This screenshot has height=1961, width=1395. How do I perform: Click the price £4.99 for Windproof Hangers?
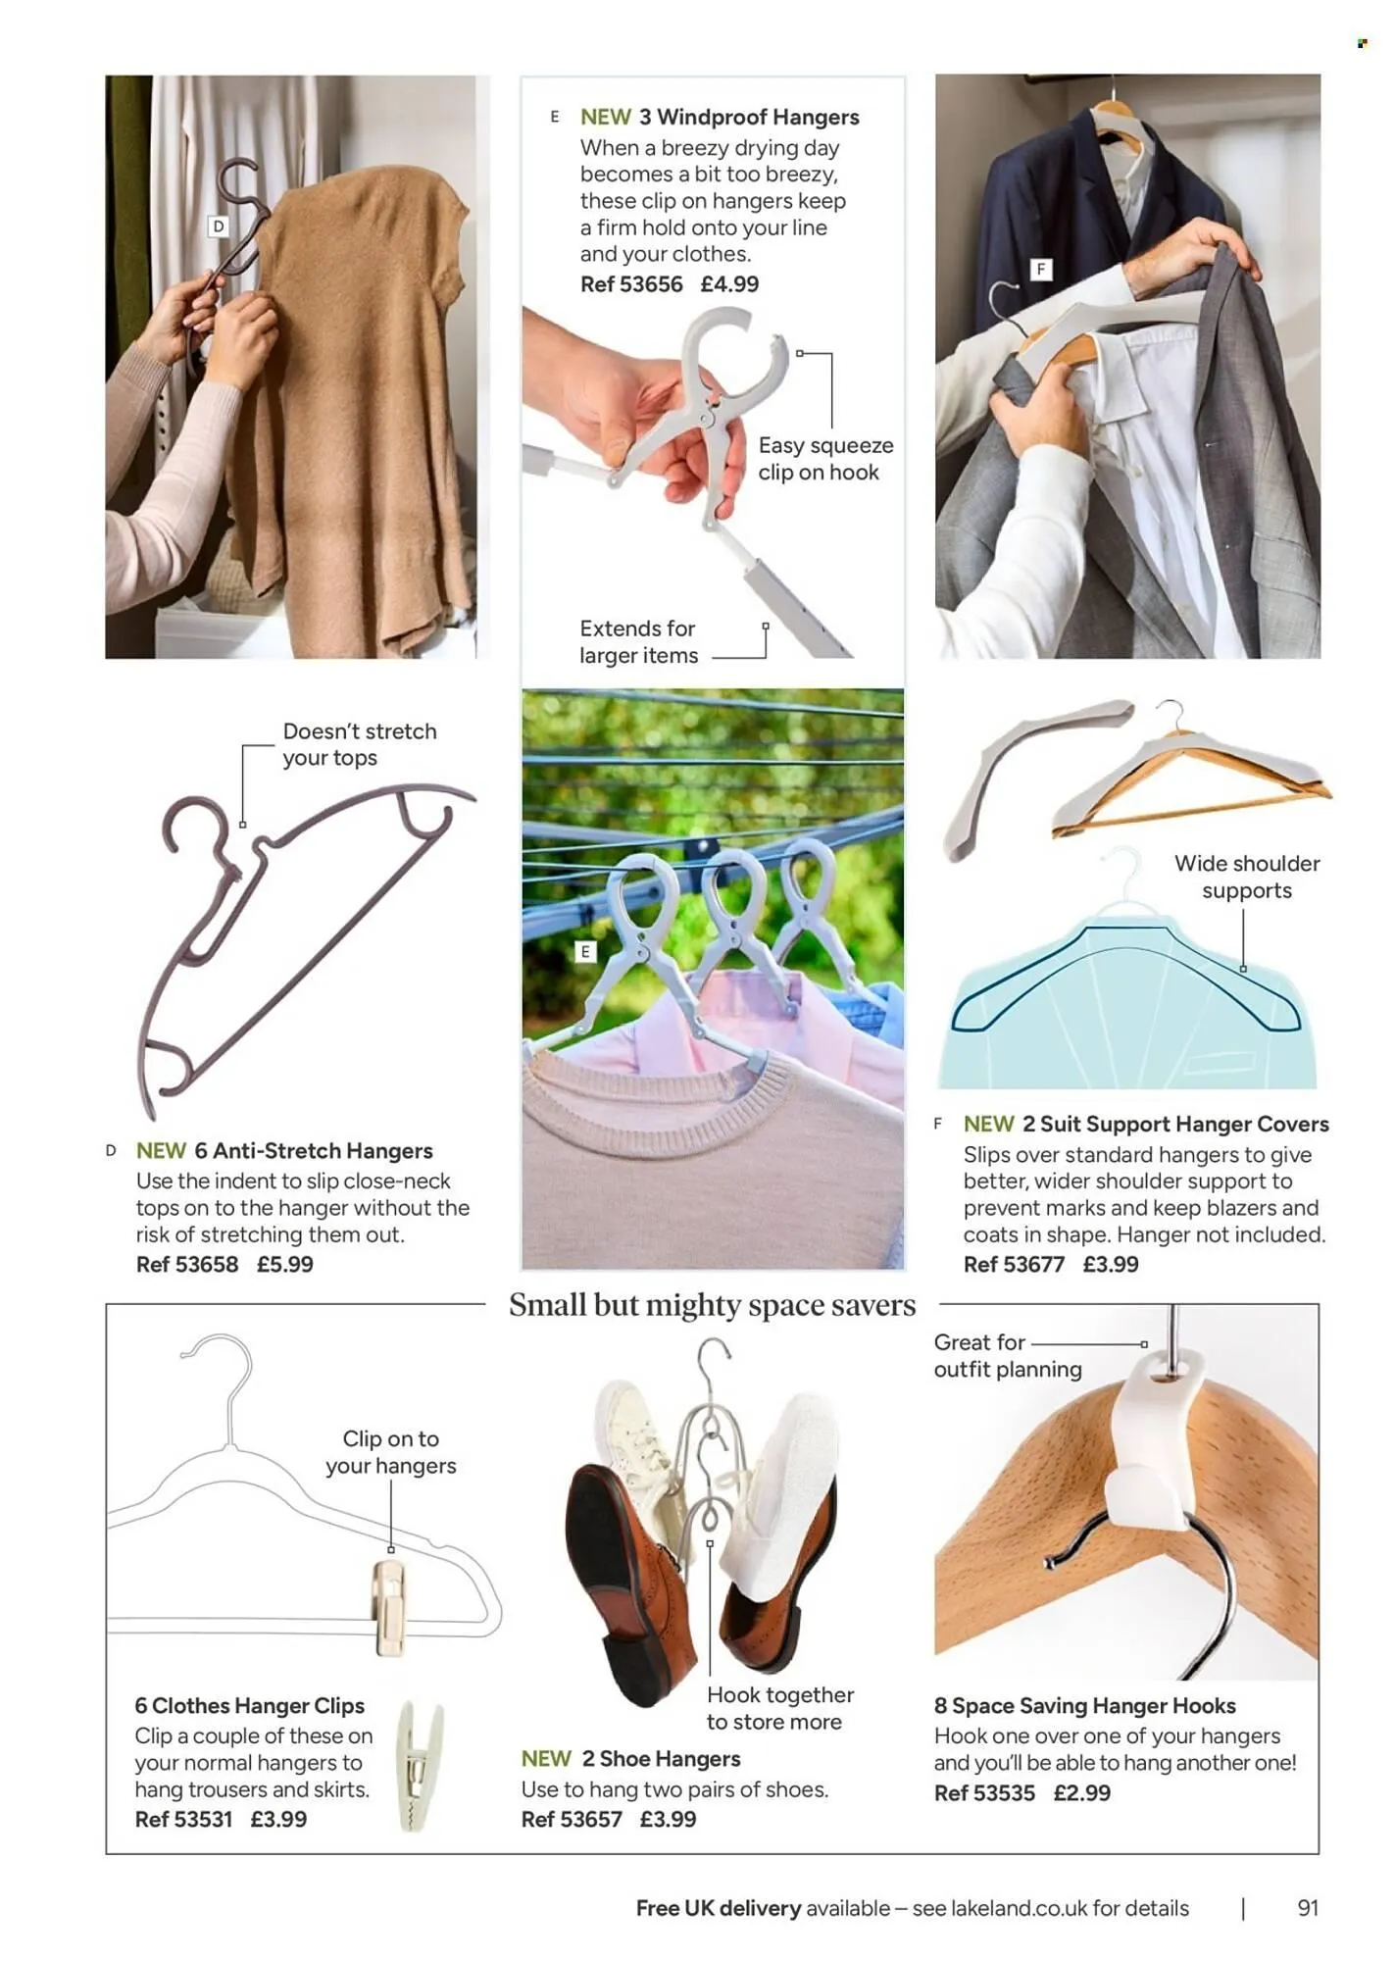point(729,284)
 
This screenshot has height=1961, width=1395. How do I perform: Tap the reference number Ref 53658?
point(187,1264)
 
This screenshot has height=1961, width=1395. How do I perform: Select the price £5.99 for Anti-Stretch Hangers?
point(285,1264)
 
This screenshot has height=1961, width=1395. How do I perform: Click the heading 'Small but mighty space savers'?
point(713,1305)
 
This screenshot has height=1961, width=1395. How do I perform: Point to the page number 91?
point(1308,1908)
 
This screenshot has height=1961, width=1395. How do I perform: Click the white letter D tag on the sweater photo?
point(219,226)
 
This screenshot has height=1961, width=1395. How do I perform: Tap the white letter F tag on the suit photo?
point(1041,270)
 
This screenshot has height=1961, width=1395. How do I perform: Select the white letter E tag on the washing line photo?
point(585,952)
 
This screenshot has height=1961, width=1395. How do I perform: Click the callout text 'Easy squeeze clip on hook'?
point(825,459)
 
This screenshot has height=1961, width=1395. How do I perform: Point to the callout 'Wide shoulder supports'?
point(1247,877)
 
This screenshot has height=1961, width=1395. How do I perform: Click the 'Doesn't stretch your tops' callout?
point(360,744)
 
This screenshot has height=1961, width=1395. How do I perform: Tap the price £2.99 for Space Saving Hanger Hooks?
point(1082,1793)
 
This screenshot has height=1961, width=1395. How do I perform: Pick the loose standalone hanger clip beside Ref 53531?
point(420,1766)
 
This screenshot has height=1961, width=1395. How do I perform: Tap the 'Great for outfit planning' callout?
point(1008,1356)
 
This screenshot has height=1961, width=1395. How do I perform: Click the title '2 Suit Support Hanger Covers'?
point(1175,1125)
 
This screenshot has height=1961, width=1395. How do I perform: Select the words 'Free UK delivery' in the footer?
point(719,1908)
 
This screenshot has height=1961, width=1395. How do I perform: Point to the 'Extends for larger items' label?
point(638,642)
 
